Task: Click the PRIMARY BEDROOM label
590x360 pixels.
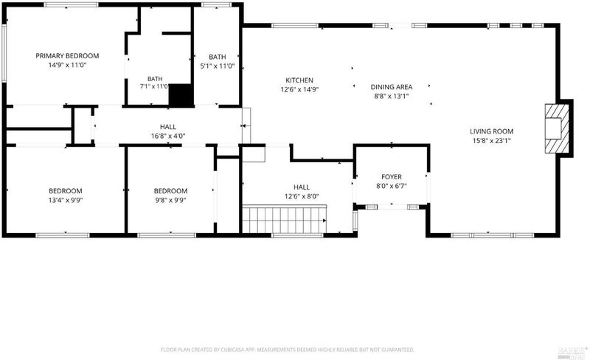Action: [x=67, y=56]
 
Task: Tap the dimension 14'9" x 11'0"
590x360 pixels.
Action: [x=67, y=65]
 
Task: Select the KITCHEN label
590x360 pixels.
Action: [x=299, y=80]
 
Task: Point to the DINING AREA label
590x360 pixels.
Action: [x=392, y=87]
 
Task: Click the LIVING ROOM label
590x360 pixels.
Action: [x=491, y=131]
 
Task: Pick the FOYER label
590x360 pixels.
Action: [x=392, y=176]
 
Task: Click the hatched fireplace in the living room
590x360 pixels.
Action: [x=557, y=128]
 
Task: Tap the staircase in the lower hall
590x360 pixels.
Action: [x=284, y=220]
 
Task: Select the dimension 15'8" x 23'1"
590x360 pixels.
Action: [x=491, y=141]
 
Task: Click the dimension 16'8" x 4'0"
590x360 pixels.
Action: [x=168, y=136]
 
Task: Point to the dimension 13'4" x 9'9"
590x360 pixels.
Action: [x=66, y=201]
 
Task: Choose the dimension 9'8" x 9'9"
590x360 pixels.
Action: [x=170, y=201]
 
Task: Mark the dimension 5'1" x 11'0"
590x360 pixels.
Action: [x=217, y=66]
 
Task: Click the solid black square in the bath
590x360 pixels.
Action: [x=181, y=95]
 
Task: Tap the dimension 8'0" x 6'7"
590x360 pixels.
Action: [x=392, y=186]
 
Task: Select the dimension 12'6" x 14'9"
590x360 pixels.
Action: [x=299, y=89]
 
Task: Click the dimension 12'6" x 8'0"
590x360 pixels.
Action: [x=302, y=196]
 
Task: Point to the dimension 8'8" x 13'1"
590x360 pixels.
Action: [x=392, y=97]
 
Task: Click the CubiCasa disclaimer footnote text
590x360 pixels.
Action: [x=288, y=350]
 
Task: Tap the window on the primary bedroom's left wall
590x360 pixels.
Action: [x=4, y=53]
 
